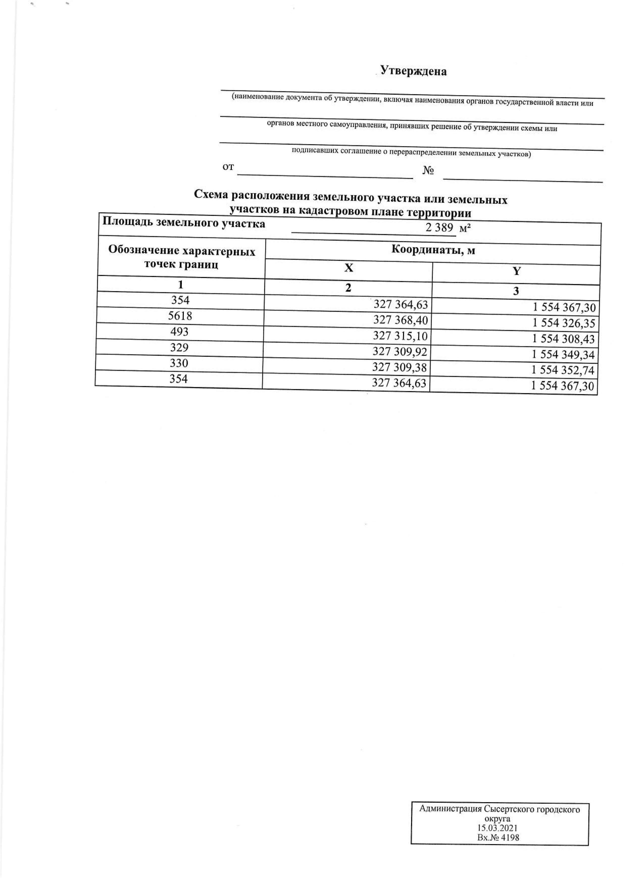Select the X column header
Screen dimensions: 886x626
pos(349,268)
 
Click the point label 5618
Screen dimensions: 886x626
pos(180,316)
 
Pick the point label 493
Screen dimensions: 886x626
pos(179,331)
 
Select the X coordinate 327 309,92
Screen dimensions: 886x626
pos(400,352)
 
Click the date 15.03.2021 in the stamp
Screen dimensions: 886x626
pos(497,828)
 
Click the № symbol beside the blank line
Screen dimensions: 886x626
pos(429,170)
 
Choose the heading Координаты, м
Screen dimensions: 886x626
pos(433,250)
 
